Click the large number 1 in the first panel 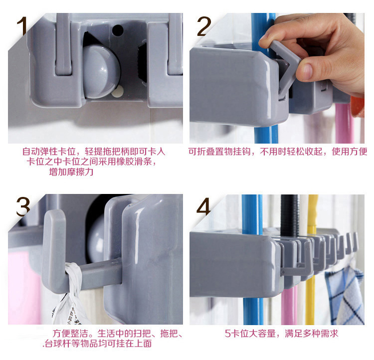pyautogui.click(x=22, y=26)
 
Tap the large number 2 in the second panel pyautogui.click(x=204, y=26)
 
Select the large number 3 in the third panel pyautogui.click(x=23, y=206)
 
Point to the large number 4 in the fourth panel pyautogui.click(x=203, y=206)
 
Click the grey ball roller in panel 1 pyautogui.click(x=101, y=72)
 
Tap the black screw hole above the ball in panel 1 pyautogui.click(x=118, y=30)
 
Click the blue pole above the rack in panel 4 pyautogui.click(x=252, y=213)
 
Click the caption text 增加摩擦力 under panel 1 pyautogui.click(x=71, y=172)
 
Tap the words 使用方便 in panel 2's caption pyautogui.click(x=350, y=152)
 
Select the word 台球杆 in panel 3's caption pyautogui.click(x=58, y=344)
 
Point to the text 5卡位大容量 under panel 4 pyautogui.click(x=250, y=333)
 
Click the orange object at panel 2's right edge pyautogui.click(x=358, y=107)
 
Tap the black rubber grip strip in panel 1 pyautogui.click(x=143, y=62)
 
